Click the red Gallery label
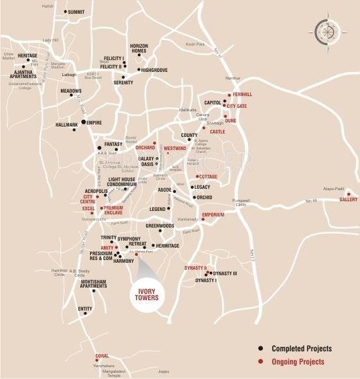click(x=348, y=200)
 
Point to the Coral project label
click(x=102, y=357)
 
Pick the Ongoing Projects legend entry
click(x=297, y=361)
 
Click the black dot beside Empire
click(x=83, y=122)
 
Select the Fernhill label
click(x=243, y=94)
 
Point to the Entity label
click(x=84, y=308)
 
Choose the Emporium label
click(x=213, y=214)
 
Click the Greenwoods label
click(x=159, y=225)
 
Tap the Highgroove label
click(x=154, y=70)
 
